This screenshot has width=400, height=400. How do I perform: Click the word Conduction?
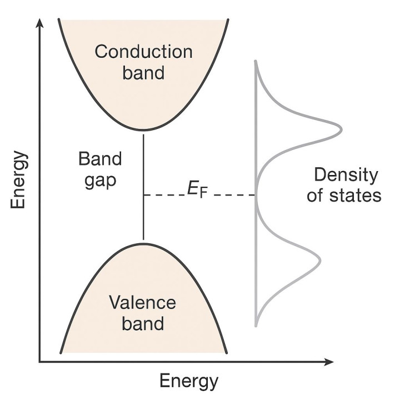(x=143, y=52)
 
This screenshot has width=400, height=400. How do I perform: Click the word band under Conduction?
(x=144, y=73)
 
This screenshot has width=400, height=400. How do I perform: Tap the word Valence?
(x=142, y=303)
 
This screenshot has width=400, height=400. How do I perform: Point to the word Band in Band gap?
(x=100, y=160)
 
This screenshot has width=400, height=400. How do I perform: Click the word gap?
(x=100, y=181)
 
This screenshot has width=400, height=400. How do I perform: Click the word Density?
(x=346, y=175)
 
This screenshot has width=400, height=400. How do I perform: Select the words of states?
(x=346, y=196)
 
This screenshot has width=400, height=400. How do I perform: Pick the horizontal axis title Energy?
(x=189, y=382)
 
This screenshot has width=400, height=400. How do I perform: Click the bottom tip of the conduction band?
(x=144, y=129)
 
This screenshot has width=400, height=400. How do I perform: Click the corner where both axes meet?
(x=39, y=362)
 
